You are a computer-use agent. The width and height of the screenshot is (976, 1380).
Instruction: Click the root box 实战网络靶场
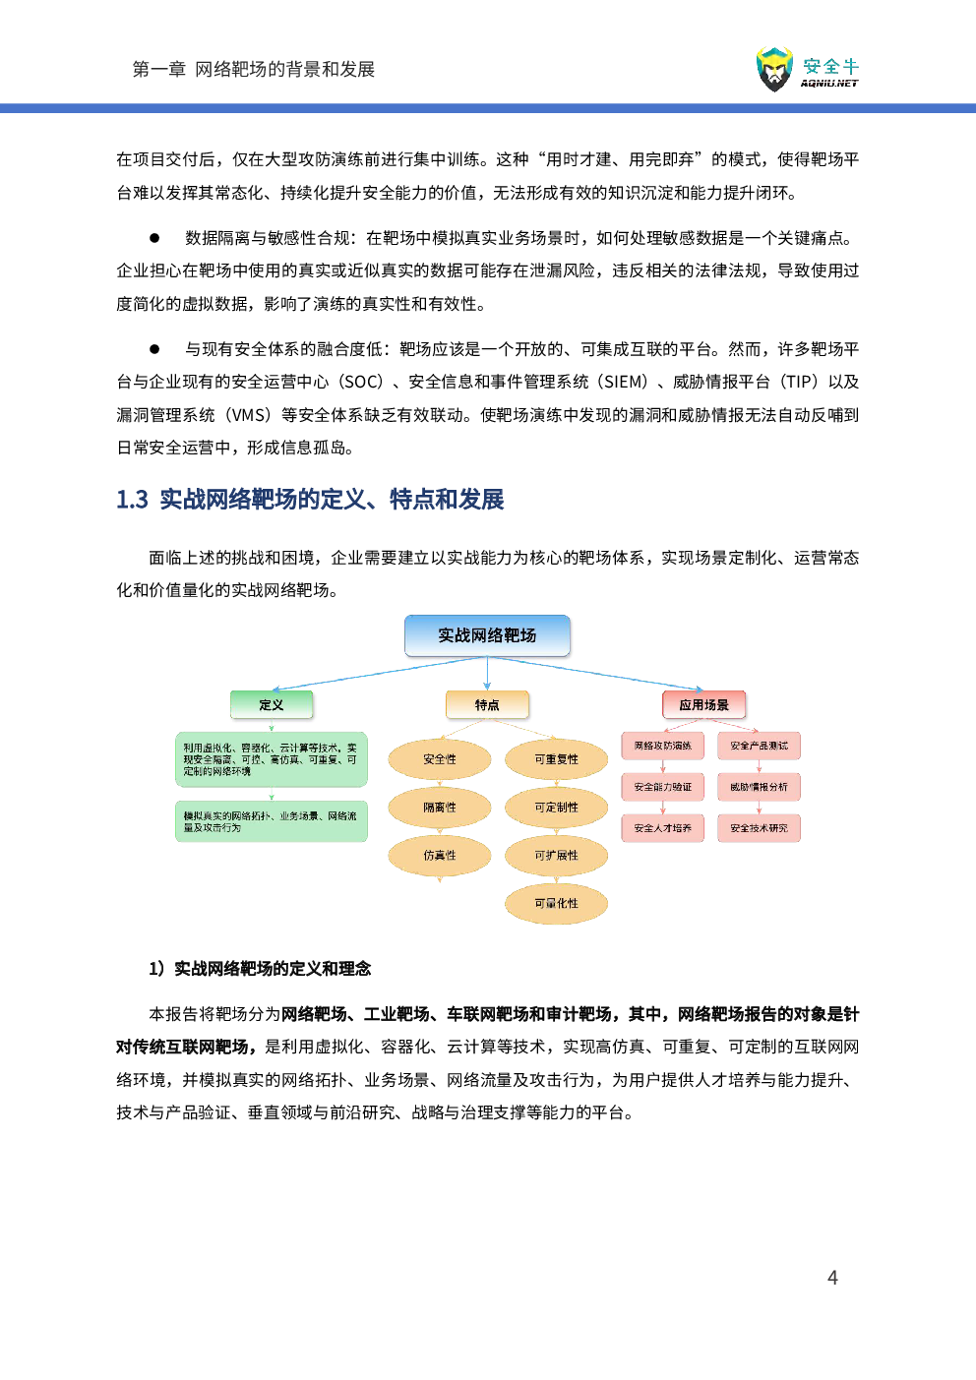[x=486, y=635]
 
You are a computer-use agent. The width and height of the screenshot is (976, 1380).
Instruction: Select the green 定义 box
[x=271, y=704]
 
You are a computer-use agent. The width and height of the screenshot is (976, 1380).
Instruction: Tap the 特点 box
[x=486, y=704]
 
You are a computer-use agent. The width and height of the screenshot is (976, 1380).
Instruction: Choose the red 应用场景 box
[x=703, y=704]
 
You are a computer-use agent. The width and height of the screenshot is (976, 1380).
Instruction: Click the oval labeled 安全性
[x=439, y=759]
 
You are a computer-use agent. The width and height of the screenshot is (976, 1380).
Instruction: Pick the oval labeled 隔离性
[x=439, y=808]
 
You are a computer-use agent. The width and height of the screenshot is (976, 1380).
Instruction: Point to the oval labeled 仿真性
[x=439, y=856]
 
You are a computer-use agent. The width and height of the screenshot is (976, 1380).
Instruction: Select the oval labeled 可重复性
[x=556, y=759]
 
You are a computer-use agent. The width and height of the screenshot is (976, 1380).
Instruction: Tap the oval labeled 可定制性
[x=556, y=808]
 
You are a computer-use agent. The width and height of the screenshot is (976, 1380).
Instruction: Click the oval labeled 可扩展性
[x=556, y=856]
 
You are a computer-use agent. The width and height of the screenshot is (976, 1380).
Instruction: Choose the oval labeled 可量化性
[x=556, y=903]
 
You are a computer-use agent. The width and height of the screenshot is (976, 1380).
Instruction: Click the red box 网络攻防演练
[x=662, y=746]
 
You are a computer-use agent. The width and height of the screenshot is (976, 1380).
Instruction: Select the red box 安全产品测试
[x=759, y=746]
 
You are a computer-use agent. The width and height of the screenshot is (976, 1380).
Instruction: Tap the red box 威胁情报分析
[x=759, y=787]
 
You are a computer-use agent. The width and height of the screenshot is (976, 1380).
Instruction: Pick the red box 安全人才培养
[x=662, y=828]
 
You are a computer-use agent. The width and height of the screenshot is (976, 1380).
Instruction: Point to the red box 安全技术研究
[x=759, y=828]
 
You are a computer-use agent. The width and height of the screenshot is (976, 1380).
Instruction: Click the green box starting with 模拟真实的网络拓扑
[x=271, y=821]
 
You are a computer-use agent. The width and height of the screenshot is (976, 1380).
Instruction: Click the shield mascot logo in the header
[x=774, y=69]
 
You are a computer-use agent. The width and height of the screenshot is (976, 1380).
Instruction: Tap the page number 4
[x=832, y=1277]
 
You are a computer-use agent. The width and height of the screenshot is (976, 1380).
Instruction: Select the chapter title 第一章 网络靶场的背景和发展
[x=254, y=69]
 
